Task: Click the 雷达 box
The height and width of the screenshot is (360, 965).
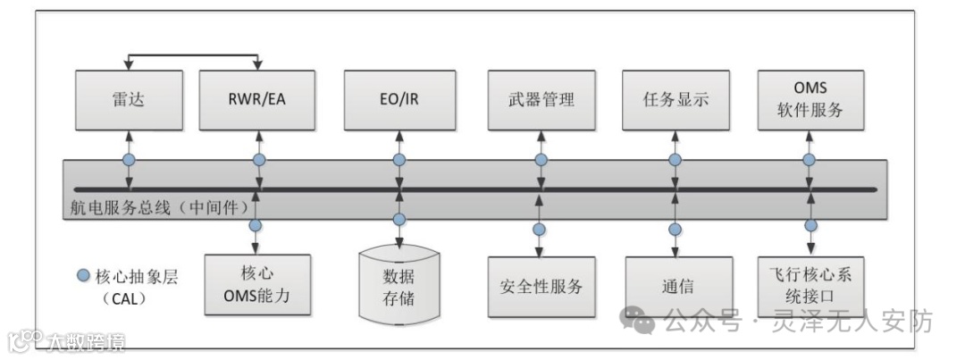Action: pos(130,98)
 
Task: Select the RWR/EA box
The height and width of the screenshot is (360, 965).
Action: pos(258,98)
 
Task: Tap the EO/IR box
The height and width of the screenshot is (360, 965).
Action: pos(399,98)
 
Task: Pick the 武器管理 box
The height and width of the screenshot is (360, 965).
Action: pos(541,98)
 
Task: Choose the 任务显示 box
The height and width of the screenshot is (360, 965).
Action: pos(675,98)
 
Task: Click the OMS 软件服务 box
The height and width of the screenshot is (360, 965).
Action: pos(810,98)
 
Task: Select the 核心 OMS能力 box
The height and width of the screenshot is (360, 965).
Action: pos(258,284)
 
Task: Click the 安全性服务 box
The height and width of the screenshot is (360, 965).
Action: pos(541,287)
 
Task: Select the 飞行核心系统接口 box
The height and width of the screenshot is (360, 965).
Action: pos(810,284)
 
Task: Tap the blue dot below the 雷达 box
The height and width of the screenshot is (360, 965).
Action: pos(130,160)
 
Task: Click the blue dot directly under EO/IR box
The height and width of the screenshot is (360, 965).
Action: pos(399,160)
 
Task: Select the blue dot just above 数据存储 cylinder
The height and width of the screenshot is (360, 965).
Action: pos(399,220)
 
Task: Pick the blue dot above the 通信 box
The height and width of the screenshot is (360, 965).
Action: pos(675,227)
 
